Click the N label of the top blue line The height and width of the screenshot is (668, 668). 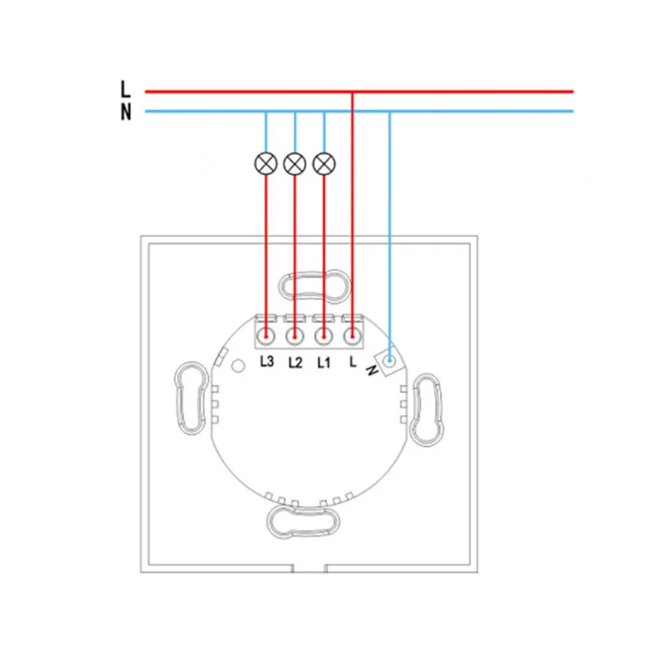pos(126,112)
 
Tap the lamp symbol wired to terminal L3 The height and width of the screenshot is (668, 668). pos(266,164)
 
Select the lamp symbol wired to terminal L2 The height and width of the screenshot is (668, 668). pos(294,164)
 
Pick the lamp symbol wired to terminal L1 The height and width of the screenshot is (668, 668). pos(323,164)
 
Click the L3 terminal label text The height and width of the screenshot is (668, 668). pos(266,363)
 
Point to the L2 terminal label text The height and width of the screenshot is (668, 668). pos(294,363)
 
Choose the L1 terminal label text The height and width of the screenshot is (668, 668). pos(323,363)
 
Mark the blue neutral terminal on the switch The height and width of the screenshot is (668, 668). pos(389,362)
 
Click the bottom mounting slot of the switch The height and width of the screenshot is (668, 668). pos(305,521)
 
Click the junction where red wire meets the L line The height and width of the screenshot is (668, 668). pos(352,91)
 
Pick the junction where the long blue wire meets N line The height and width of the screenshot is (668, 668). pos(389,112)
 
